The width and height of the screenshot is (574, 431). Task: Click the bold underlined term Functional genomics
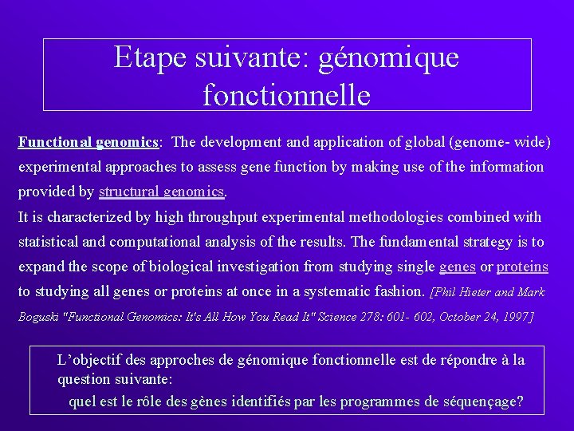(x=88, y=143)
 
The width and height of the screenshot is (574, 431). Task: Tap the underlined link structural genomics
(x=162, y=192)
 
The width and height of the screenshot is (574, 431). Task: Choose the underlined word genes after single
(x=458, y=267)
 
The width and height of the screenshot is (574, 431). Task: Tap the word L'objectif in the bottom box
(x=88, y=361)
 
